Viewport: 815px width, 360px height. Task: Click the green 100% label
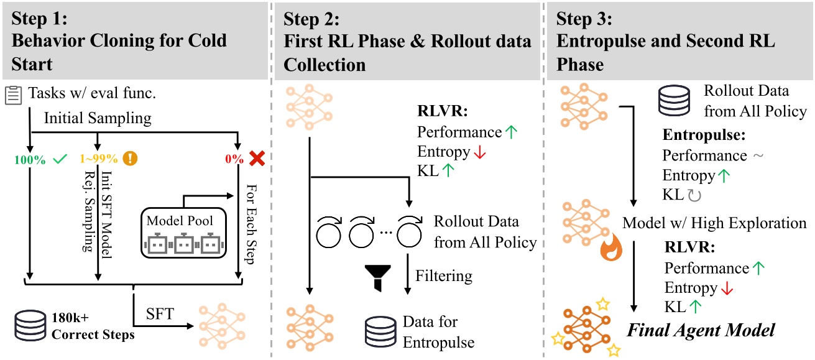29,159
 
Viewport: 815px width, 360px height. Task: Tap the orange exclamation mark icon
130,159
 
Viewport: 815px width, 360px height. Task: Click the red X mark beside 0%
254,159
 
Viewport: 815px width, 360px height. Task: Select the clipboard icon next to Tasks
12,95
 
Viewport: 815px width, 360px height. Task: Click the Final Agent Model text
701,329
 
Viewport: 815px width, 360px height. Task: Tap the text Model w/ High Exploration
714,223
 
